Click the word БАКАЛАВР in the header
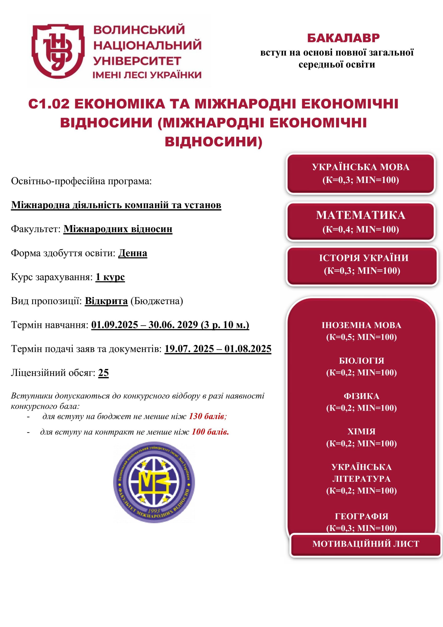(x=343, y=38)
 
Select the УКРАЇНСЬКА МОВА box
(x=361, y=174)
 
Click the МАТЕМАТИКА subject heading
(x=361, y=215)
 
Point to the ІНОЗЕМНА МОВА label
(x=361, y=325)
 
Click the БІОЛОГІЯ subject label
(x=361, y=361)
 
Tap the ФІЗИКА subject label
(x=361, y=396)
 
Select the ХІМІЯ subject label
(x=361, y=432)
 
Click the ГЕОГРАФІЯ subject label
(x=361, y=516)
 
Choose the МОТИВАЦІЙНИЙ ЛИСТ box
(x=365, y=544)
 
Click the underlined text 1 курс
(x=110, y=277)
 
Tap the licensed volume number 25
(x=104, y=373)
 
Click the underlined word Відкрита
(x=106, y=301)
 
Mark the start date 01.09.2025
(x=114, y=325)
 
